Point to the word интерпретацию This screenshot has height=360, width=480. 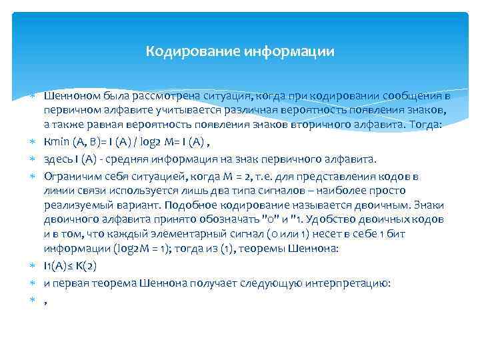(347, 283)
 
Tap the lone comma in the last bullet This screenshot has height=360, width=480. (45, 301)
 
